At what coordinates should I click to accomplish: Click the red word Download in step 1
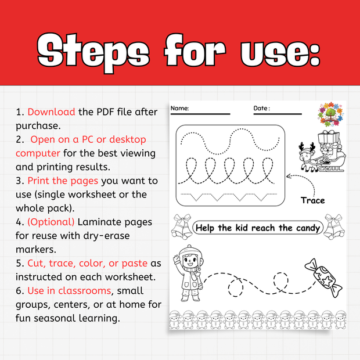(x=51, y=111)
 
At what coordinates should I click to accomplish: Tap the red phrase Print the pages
(x=63, y=181)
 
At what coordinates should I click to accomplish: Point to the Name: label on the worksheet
(x=179, y=109)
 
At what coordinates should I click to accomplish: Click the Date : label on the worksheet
(x=262, y=109)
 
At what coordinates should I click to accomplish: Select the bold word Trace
(x=312, y=200)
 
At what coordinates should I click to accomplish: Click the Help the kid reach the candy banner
(x=258, y=228)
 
